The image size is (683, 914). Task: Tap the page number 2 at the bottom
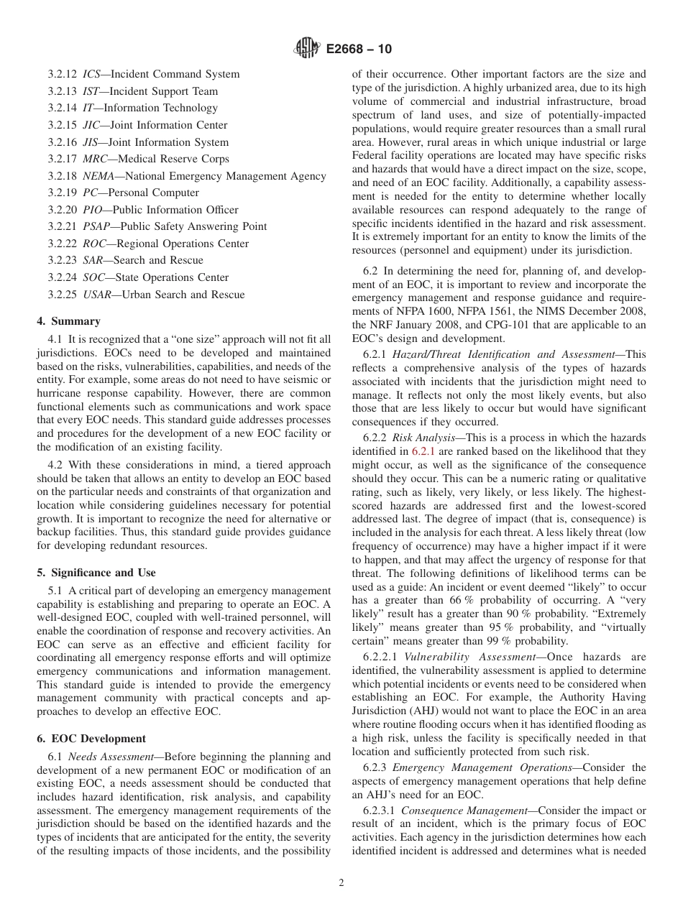[341, 883]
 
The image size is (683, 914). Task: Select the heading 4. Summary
[68, 321]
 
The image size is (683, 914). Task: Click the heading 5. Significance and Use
[96, 573]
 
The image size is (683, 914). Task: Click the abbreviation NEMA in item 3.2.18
[99, 176]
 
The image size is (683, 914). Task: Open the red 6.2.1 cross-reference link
[421, 451]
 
